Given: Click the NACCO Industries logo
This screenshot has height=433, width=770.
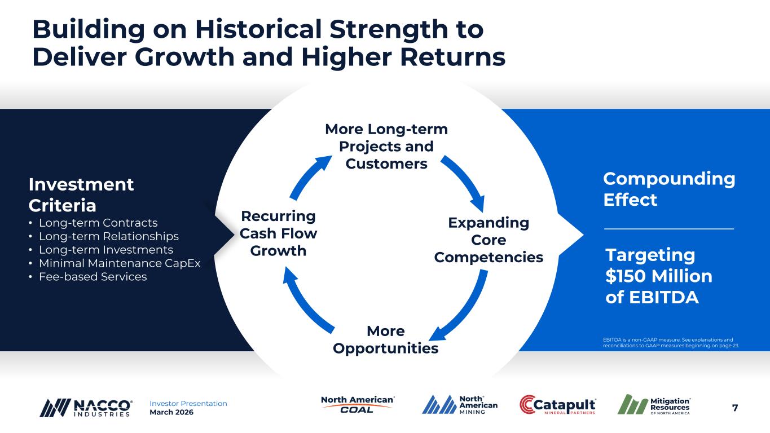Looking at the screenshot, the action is (86, 408).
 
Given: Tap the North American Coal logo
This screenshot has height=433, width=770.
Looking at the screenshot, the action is (358, 404).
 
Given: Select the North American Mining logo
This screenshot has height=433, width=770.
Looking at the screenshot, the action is (460, 404).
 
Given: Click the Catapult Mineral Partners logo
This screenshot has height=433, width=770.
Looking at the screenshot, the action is (557, 404).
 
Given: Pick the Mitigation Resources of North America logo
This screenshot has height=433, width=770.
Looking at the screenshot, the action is (654, 404).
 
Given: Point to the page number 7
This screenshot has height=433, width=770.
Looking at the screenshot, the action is (735, 408).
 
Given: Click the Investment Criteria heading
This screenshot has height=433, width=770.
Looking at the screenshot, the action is (81, 195).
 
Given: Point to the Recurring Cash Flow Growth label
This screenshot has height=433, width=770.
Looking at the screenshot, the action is (278, 233).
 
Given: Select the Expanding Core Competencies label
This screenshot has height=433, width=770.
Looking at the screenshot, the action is (489, 240).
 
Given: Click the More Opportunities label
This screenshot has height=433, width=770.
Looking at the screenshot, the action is (386, 339).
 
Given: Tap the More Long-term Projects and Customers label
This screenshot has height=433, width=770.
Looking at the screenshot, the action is (386, 147).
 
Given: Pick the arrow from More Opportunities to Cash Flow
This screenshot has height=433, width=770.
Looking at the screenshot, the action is (304, 301).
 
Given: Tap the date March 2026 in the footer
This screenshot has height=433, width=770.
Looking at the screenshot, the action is (171, 412).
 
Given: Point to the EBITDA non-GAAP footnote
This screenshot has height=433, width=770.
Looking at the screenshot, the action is (671, 343).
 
